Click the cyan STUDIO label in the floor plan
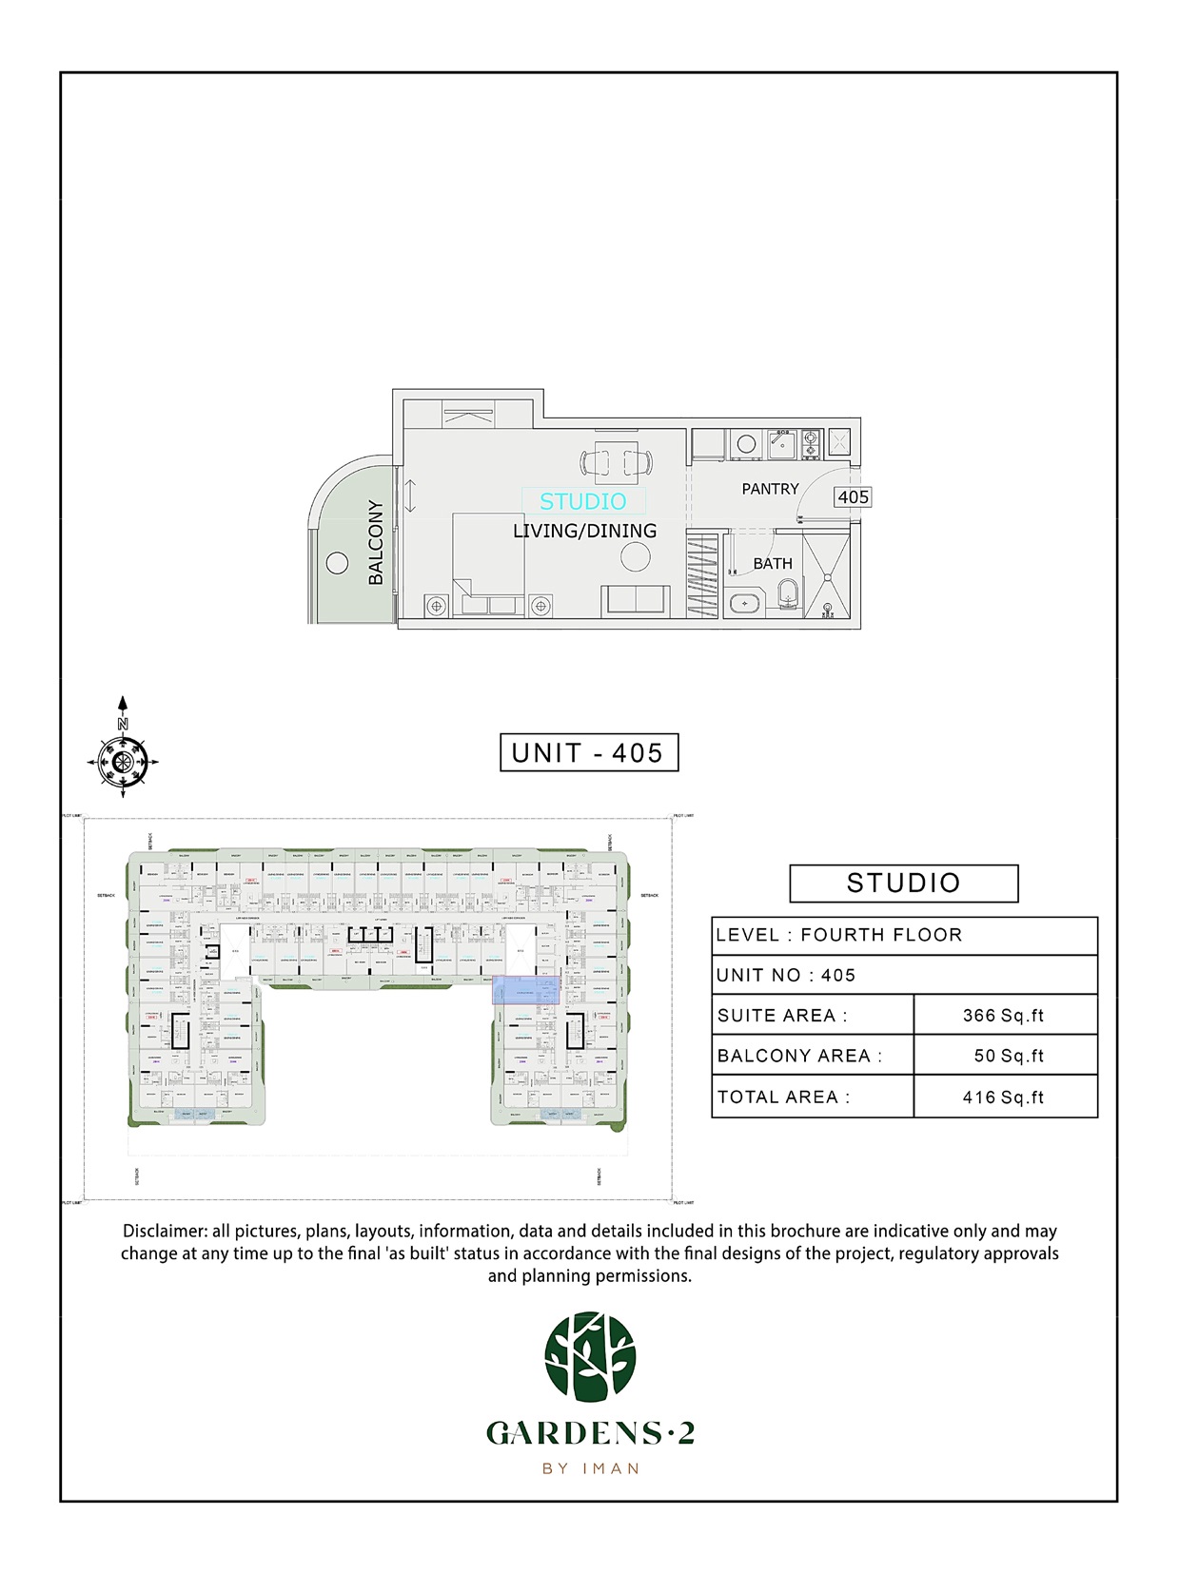pyautogui.click(x=582, y=501)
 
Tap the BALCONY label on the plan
pyautogui.click(x=376, y=542)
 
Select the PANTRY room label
pyautogui.click(x=770, y=489)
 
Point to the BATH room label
pyautogui.click(x=772, y=564)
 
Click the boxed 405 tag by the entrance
pyautogui.click(x=853, y=497)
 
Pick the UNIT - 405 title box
pyautogui.click(x=589, y=753)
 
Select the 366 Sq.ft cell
pyautogui.click(x=1003, y=1016)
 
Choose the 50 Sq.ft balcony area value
pyautogui.click(x=1008, y=1057)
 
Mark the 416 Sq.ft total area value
pyautogui.click(x=1003, y=1097)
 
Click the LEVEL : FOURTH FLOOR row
pyautogui.click(x=904, y=936)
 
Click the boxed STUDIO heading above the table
pyautogui.click(x=903, y=884)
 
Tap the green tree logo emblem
pyautogui.click(x=590, y=1357)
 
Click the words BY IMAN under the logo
pyautogui.click(x=590, y=1469)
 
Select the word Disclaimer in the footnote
pyautogui.click(x=163, y=1232)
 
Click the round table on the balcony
pyautogui.click(x=336, y=562)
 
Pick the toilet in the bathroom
pyautogui.click(x=786, y=596)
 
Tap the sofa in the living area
pyautogui.click(x=635, y=600)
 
